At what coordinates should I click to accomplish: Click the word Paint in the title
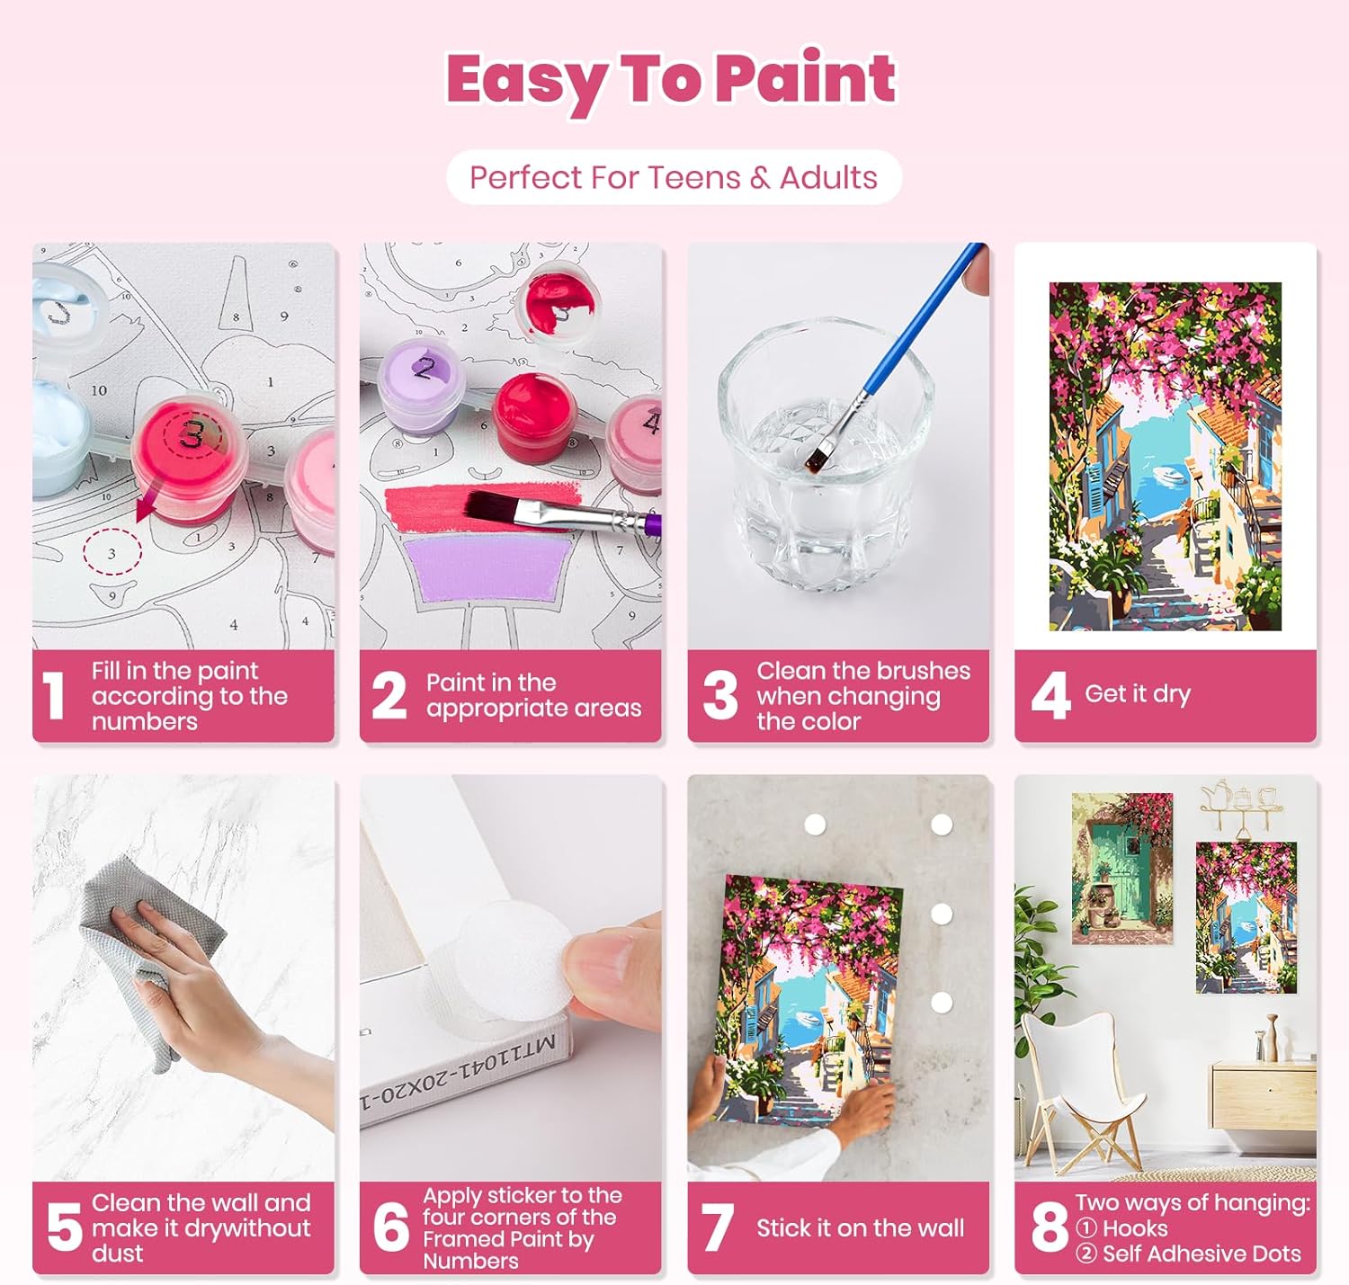click(x=806, y=79)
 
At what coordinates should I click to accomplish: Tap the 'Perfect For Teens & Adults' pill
click(x=674, y=178)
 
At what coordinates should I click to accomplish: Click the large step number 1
click(x=54, y=696)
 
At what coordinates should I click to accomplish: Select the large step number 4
click(x=1050, y=696)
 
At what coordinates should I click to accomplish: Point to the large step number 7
click(x=718, y=1227)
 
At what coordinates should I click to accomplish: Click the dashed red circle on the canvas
click(x=112, y=552)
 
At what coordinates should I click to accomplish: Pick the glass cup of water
click(x=826, y=453)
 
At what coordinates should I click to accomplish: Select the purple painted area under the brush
click(x=487, y=568)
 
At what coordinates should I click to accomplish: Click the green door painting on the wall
click(x=1121, y=869)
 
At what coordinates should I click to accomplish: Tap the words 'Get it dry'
click(x=1138, y=693)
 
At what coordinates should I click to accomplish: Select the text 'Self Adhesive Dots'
click(x=1202, y=1254)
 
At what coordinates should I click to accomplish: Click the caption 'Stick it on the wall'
click(x=861, y=1227)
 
